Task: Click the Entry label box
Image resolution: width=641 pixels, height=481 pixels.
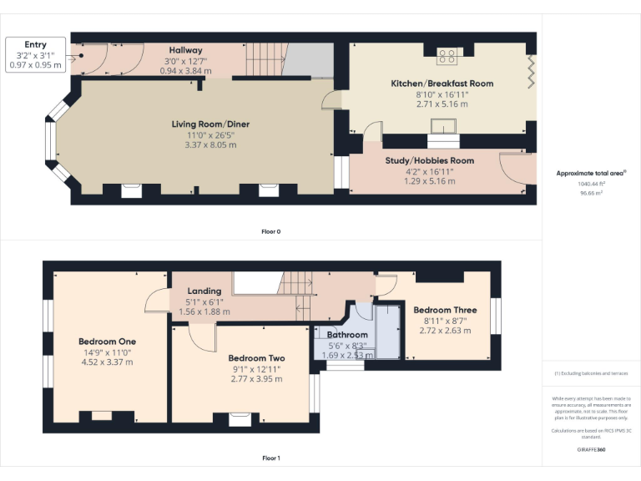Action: click(34, 55)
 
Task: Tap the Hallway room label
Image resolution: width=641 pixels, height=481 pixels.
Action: click(185, 50)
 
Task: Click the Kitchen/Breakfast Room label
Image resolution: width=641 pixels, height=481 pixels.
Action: click(442, 84)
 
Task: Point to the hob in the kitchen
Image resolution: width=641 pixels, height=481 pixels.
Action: click(447, 56)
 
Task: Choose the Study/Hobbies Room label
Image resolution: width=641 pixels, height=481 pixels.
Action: click(429, 160)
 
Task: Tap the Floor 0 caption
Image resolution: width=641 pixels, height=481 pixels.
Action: click(270, 230)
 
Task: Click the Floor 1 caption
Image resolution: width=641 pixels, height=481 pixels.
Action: click(270, 458)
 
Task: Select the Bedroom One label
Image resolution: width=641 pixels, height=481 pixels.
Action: click(107, 342)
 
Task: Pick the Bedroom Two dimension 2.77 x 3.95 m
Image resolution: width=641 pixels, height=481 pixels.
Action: click(256, 378)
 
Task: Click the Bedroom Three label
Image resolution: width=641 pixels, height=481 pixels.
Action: click(445, 310)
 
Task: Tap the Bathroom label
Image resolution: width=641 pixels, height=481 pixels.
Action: click(346, 335)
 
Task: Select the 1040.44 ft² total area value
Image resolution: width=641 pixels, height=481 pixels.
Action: click(591, 184)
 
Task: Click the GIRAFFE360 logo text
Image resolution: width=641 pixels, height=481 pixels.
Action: click(591, 449)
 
